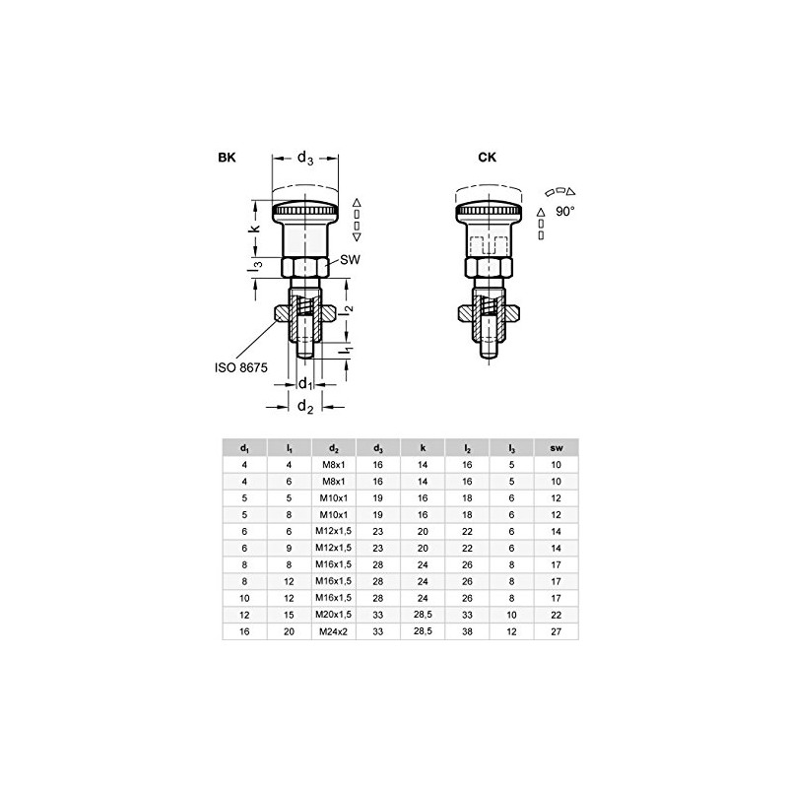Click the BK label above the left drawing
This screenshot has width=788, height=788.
click(228, 158)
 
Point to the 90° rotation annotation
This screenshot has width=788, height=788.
click(564, 211)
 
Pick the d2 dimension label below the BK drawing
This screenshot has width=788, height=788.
click(305, 405)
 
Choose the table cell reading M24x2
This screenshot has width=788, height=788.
click(334, 632)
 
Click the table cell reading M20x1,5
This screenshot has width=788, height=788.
click(334, 615)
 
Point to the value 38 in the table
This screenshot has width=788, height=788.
click(467, 632)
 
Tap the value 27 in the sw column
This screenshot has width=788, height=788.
click(556, 632)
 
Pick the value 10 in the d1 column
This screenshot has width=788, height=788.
click(245, 598)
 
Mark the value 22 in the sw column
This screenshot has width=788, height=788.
click(556, 615)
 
